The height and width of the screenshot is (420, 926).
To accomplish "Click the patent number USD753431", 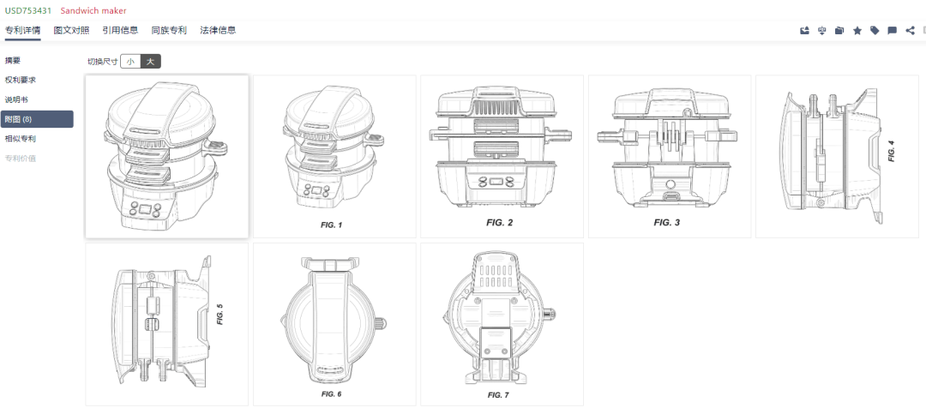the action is point(28,10).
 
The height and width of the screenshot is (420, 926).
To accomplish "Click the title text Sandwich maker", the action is point(93,10).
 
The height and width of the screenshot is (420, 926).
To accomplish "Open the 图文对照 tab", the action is point(71,30).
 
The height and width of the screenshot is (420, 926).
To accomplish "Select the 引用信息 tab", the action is point(121,30).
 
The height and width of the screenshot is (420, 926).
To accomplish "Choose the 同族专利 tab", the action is point(169,30).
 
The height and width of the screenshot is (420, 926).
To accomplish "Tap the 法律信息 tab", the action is point(218,30).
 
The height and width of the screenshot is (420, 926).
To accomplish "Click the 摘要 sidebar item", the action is point(13,60).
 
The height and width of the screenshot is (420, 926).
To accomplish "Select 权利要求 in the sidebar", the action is point(21,80).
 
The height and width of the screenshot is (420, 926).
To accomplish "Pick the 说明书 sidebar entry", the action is point(16,99).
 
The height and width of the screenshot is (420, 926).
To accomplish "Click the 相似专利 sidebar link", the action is point(21,139).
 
